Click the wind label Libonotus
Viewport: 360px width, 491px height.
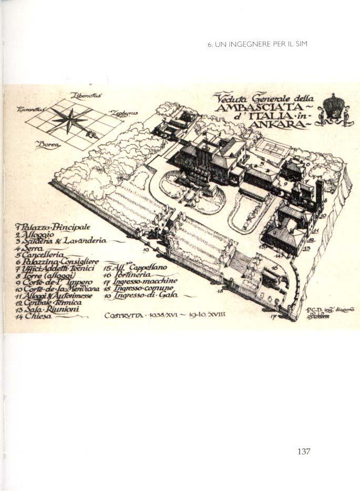pos(87,95)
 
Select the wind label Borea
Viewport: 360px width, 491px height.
pos(48,144)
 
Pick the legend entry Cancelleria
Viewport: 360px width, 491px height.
pos(46,255)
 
